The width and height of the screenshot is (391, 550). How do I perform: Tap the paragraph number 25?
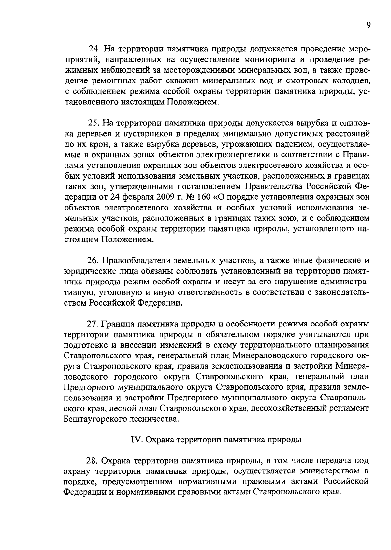click(93, 123)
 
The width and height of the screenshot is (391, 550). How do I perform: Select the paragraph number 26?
click(93, 261)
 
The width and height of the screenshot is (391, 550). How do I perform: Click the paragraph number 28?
click(92, 461)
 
